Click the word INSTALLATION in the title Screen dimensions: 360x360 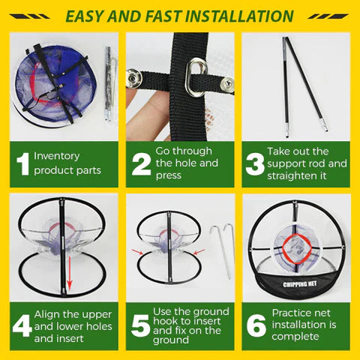point(239,16)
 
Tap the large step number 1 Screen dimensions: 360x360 point(23,163)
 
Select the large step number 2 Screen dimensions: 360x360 point(142,164)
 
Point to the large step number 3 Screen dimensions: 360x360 point(255,164)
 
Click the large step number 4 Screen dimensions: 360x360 point(22,325)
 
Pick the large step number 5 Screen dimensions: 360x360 point(140,325)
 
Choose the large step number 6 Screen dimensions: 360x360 point(256,325)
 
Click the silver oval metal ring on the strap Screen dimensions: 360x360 point(196,77)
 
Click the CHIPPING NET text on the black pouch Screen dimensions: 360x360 point(300,284)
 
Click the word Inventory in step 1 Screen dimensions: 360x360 point(57,156)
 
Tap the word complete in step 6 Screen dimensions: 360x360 point(295,337)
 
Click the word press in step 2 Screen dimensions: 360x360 point(168,175)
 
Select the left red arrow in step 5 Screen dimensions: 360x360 point(137,251)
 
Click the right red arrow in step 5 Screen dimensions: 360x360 point(199,252)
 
